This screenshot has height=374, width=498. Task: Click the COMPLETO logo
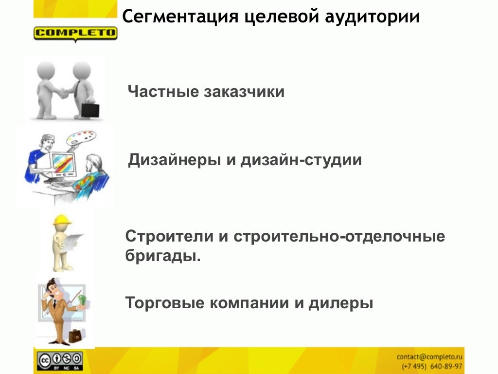[x=75, y=34]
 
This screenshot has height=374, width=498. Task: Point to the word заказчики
[x=244, y=92]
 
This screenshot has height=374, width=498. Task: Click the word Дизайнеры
[x=174, y=160]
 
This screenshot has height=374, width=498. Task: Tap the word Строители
[x=169, y=237]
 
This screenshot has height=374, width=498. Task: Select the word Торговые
[x=165, y=303]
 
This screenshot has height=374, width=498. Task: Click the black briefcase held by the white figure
[x=90, y=110]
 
